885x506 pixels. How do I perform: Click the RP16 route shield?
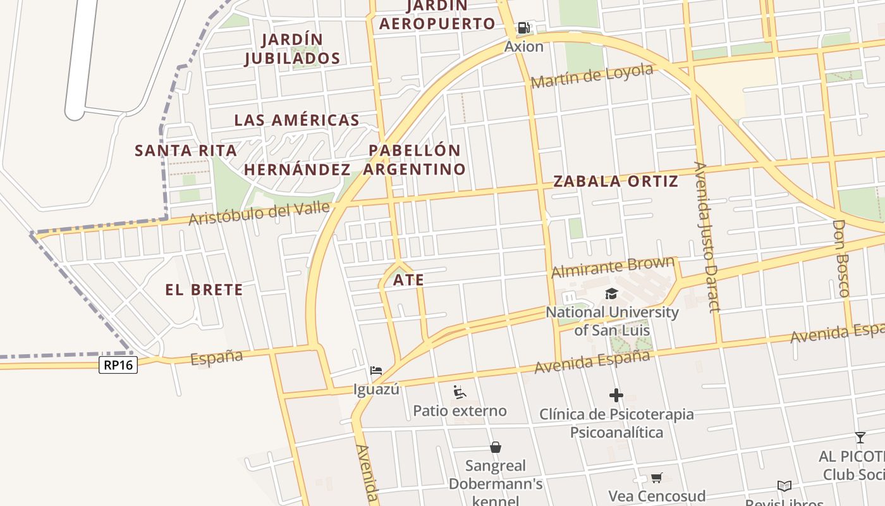118,364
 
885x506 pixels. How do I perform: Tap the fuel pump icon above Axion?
523,27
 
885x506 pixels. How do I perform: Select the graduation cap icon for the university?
611,293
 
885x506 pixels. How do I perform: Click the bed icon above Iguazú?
376,369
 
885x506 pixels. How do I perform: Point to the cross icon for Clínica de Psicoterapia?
616,396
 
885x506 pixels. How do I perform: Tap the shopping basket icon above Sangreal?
496,447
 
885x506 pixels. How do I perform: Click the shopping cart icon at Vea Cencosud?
657,478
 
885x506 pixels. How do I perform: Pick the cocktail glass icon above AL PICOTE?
860,437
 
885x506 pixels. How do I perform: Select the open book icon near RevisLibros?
784,486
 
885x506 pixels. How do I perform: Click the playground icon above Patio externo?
460,392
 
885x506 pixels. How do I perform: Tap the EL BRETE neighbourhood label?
204,290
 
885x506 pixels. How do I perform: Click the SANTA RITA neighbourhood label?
186,151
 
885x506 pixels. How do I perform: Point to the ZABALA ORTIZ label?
616,181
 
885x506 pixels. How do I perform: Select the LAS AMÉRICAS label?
296,120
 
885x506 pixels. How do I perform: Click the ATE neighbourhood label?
408,280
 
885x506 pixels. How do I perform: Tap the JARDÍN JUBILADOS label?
293,49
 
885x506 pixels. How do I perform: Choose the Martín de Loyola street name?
592,76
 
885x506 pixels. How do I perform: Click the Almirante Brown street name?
613,268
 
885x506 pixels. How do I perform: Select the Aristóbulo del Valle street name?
260,213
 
